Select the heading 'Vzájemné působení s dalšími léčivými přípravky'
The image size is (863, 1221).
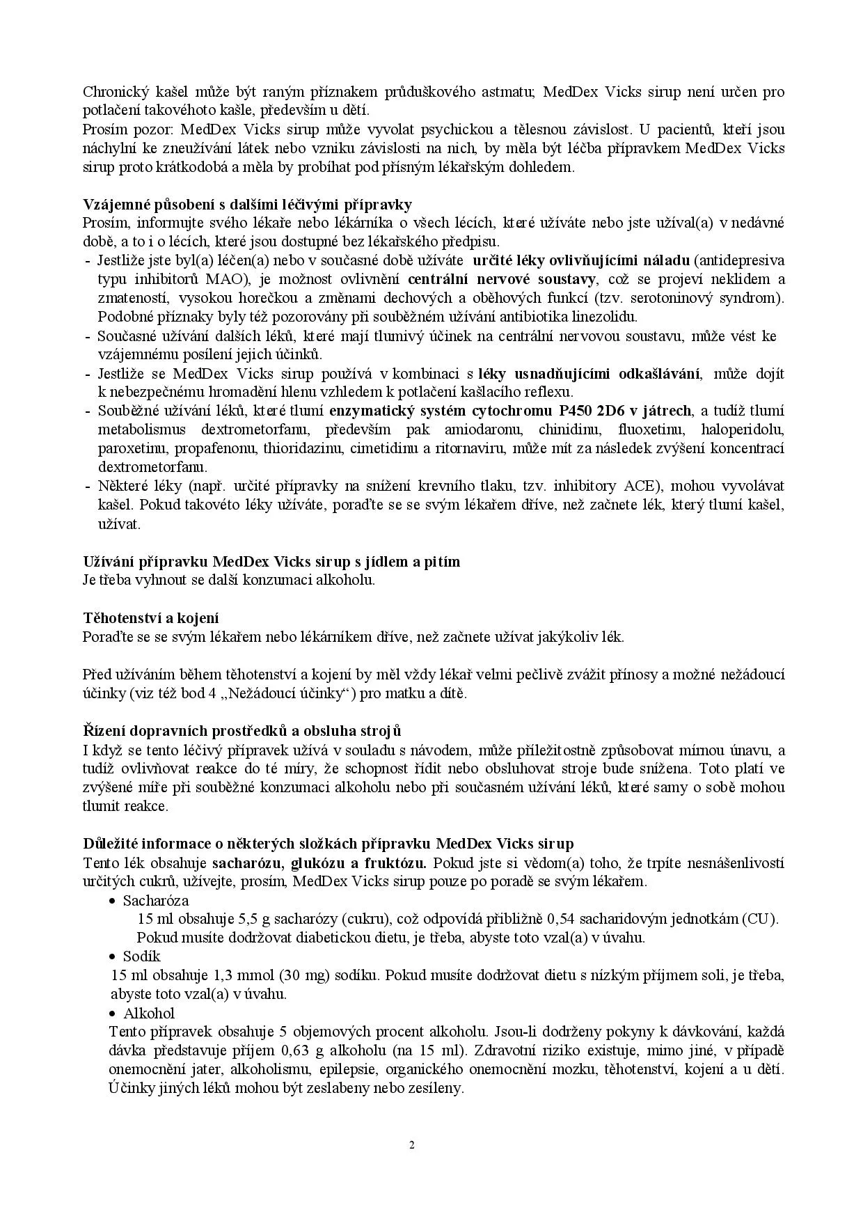[x=248, y=204]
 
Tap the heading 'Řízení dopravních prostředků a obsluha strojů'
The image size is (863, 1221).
[x=242, y=730]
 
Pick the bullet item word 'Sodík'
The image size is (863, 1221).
[x=142, y=956]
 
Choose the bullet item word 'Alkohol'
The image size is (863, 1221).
[x=149, y=1013]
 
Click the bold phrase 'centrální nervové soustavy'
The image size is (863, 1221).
[x=502, y=279]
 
